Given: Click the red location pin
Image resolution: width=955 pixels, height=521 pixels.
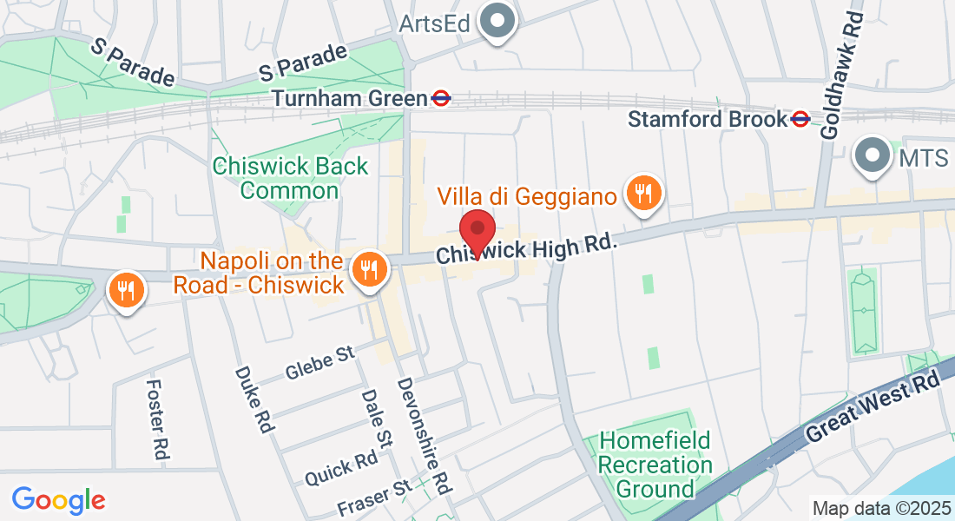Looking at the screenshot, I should [477, 231].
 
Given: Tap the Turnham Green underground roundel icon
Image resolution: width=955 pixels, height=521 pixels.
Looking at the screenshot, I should [441, 98].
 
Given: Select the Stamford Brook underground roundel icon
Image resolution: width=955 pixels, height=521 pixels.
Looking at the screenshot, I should [800, 119].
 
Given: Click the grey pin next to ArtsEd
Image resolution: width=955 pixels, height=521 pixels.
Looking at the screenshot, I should [499, 22].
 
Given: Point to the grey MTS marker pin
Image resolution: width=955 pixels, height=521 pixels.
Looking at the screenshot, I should [873, 157].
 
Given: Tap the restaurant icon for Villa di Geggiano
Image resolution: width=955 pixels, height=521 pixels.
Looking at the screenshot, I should [643, 193].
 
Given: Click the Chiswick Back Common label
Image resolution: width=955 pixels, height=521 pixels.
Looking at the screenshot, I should [291, 178].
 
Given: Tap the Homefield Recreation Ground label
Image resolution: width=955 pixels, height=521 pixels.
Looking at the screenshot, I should [655, 465].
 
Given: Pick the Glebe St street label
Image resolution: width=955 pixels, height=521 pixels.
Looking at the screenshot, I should [321, 363].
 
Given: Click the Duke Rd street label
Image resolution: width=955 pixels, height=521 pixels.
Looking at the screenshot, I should [254, 399].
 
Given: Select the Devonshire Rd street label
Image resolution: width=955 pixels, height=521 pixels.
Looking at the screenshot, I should [425, 433].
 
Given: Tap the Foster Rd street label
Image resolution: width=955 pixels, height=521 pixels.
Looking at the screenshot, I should [157, 419].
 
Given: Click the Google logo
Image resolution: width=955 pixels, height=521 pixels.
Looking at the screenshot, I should [59, 500].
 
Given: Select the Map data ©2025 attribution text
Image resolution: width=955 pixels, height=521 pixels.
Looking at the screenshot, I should [881, 508].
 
